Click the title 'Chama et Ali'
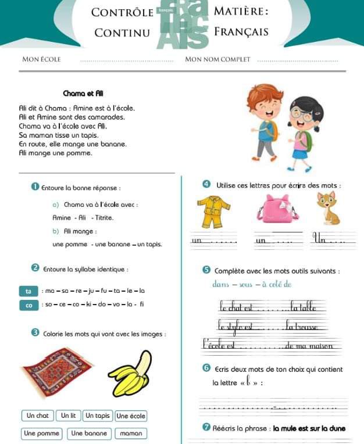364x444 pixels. coord(83,94)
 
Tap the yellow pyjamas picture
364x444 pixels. coord(213,212)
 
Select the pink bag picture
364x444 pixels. coord(277,209)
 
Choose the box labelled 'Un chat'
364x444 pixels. coord(38,416)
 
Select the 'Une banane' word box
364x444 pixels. coord(89,433)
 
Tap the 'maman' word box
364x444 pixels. coord(131,433)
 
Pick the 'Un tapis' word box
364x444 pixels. coord(97,416)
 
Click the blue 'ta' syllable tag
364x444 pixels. coord(28,291)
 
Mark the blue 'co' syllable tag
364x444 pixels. coord(28,305)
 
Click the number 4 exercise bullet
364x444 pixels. coord(206,185)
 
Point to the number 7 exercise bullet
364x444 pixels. coord(206,428)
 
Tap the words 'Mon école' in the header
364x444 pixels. coord(41,59)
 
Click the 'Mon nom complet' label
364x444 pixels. coord(217,59)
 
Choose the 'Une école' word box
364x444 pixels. coord(131,416)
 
